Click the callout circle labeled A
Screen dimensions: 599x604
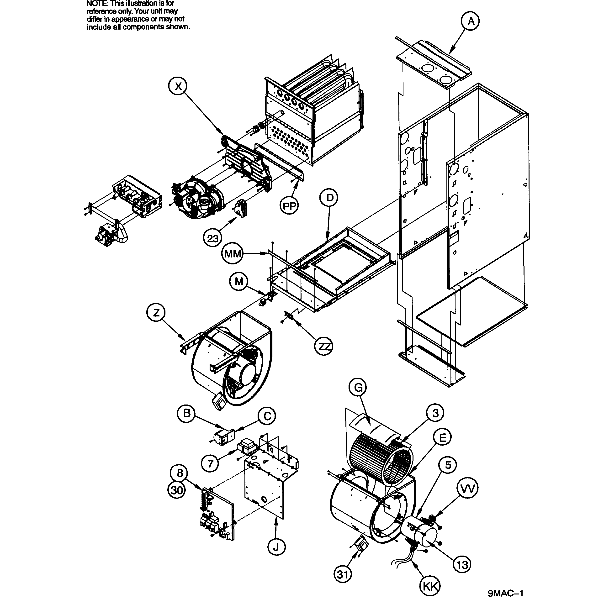click(471, 21)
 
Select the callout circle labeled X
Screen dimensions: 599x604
click(178, 86)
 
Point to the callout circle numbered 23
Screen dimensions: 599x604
click(212, 239)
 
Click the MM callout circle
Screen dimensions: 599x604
click(233, 254)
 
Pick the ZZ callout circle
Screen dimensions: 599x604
click(323, 347)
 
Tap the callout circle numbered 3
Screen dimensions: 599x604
click(435, 413)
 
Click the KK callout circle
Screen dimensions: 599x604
click(430, 587)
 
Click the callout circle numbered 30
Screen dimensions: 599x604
click(177, 490)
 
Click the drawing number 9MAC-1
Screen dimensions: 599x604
click(506, 593)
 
